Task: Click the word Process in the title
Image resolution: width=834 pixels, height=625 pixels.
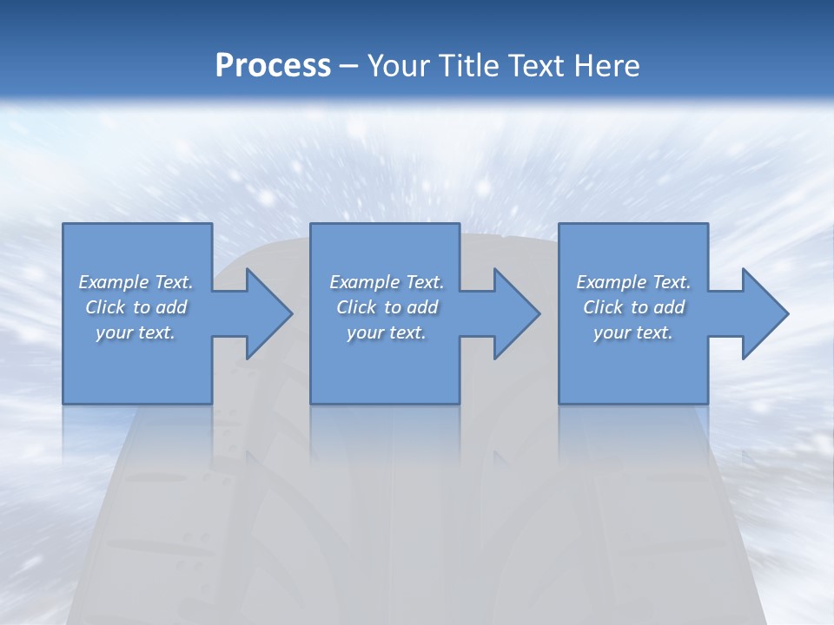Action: (273, 66)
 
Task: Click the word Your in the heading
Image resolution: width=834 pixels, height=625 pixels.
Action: (400, 66)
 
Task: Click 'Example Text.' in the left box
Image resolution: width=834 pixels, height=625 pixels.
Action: (136, 282)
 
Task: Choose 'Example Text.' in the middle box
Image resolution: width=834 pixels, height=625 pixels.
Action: (387, 282)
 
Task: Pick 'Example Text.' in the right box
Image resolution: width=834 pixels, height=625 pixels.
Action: (633, 282)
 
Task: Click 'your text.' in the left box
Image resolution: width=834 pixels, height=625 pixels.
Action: (136, 332)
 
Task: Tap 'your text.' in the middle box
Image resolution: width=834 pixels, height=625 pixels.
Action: (387, 332)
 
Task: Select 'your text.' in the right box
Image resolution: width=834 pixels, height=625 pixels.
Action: (633, 332)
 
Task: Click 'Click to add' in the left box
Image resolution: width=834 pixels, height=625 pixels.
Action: (136, 307)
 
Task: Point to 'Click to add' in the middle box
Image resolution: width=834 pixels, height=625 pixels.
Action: (387, 307)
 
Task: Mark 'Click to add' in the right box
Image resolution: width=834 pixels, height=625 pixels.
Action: (633, 307)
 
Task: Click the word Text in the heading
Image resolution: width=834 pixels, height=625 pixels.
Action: (533, 66)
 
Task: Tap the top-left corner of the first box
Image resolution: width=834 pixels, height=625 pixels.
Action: (64, 225)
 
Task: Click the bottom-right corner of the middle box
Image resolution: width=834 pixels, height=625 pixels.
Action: (459, 402)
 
